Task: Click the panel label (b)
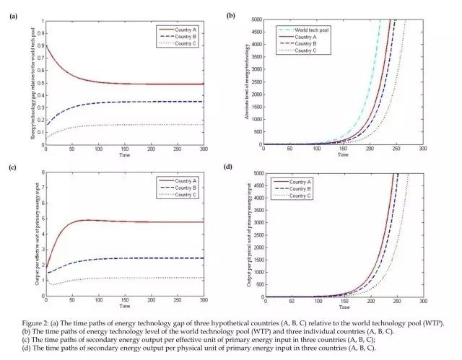pos(230,15)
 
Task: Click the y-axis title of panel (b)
pos(243,82)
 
